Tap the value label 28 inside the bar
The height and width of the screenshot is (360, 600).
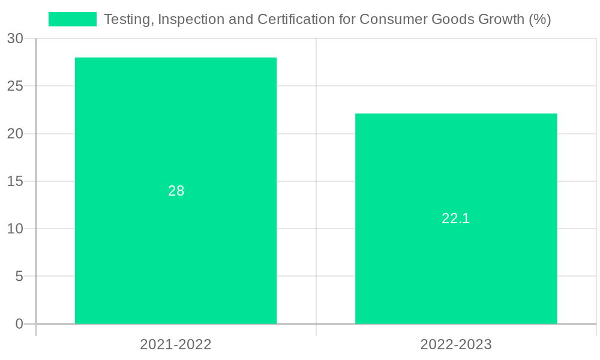[x=176, y=191]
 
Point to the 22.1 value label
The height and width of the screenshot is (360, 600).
[x=456, y=218]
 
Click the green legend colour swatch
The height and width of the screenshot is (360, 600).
[x=73, y=19]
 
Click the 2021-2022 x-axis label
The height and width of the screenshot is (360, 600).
[x=176, y=344]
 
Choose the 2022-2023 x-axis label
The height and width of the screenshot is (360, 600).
[x=456, y=344]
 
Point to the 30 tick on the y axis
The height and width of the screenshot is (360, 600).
[x=15, y=38]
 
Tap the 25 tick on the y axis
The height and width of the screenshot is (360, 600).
[x=15, y=86]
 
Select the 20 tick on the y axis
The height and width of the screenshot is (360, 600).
[x=15, y=134]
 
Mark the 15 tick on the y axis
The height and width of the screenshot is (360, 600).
[x=15, y=181]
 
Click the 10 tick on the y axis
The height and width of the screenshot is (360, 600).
[x=15, y=229]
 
